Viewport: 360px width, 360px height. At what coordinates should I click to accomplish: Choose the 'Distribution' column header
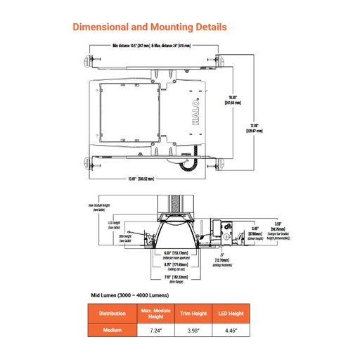[112, 313]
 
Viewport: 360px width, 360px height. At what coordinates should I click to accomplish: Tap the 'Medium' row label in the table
[112, 330]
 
